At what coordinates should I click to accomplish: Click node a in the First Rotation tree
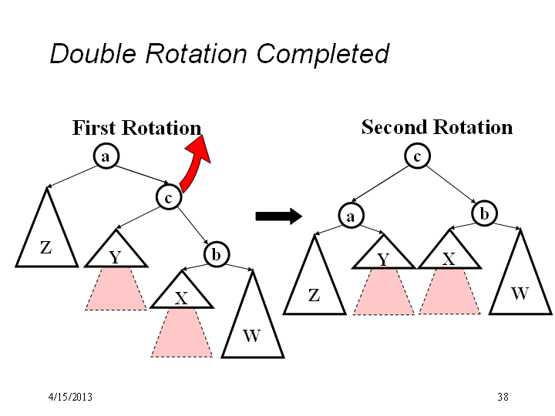pos(106,156)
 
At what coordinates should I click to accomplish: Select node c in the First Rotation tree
pos(169,196)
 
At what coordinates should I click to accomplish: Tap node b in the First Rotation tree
pos(217,254)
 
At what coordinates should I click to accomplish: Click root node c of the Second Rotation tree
pos(418,156)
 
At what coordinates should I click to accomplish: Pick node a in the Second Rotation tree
pos(351,215)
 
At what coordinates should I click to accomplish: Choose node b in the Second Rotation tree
pos(485,213)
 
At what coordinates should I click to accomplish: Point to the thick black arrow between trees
pos(279,216)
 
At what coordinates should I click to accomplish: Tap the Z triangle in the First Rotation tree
pos(46,240)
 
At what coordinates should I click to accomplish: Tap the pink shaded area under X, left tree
pos(182,333)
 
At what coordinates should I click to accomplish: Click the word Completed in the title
pos(322,54)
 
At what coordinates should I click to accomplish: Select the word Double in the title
pos(93,53)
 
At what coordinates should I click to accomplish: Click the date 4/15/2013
pos(70,397)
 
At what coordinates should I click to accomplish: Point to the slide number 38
pos(503,397)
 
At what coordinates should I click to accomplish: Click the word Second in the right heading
pos(395,127)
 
